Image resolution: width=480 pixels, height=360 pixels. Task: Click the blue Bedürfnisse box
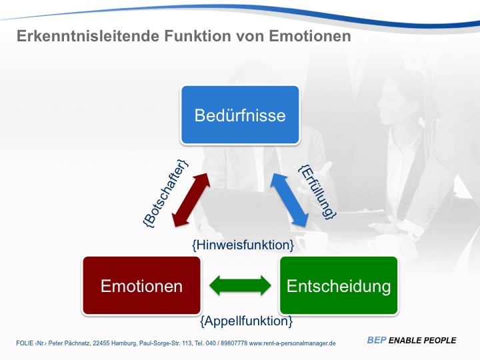pyautogui.click(x=240, y=115)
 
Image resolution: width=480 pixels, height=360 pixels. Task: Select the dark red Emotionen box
pyautogui.click(x=141, y=286)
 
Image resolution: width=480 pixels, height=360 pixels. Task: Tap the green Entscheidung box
pyautogui.click(x=338, y=286)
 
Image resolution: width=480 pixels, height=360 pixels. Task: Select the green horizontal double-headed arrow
pyautogui.click(x=240, y=286)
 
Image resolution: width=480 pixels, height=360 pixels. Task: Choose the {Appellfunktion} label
pyautogui.click(x=246, y=321)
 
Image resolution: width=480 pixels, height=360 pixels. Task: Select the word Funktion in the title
pyautogui.click(x=189, y=37)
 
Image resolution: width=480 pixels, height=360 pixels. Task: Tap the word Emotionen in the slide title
pyautogui.click(x=310, y=37)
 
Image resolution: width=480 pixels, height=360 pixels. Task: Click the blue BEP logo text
pyautogui.click(x=377, y=341)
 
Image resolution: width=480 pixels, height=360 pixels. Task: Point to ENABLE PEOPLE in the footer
pyautogui.click(x=423, y=341)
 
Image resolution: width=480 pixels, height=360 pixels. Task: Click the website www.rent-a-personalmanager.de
pyautogui.click(x=292, y=343)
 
